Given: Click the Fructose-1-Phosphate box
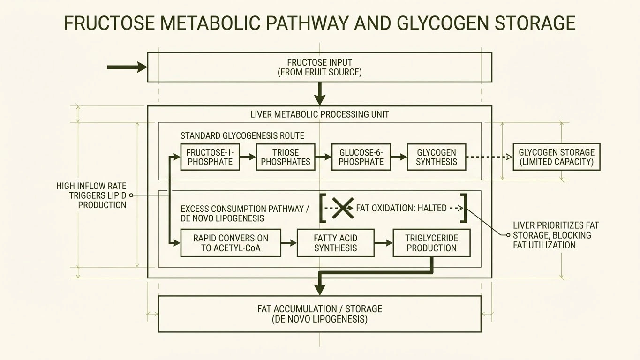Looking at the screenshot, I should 210,157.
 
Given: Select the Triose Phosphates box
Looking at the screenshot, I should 286,157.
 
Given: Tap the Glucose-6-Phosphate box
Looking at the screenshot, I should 361,157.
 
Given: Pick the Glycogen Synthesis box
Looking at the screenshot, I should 437,157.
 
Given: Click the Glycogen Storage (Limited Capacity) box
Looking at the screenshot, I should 556,157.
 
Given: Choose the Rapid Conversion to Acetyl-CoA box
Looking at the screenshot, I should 231,243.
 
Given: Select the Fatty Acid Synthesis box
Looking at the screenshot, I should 336,243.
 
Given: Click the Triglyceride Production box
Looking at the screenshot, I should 431,243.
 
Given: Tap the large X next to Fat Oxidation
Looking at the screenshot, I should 343,208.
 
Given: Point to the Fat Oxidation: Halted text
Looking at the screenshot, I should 401,208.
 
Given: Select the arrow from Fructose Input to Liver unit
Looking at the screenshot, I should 320,94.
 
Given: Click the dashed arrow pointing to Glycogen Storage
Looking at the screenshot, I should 490,157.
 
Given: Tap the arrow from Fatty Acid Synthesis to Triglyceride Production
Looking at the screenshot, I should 383,243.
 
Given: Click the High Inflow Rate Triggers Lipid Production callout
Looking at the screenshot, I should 91,195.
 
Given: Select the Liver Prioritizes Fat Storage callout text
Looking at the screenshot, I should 556,235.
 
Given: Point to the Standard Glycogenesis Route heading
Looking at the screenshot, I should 242,136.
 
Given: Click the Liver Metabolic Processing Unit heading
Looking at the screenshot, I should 319,114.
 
